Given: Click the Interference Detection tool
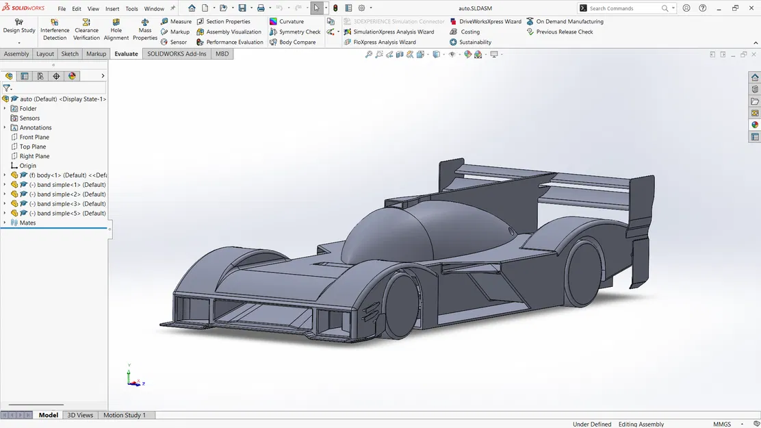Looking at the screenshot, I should coord(55,29).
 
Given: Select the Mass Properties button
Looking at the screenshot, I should coord(145,29).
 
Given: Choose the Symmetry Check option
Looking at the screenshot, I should coord(295,32).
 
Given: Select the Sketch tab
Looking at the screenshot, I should coord(70,54).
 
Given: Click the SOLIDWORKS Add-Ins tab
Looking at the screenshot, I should coord(177,54).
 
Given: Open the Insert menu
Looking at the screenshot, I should coord(112,9).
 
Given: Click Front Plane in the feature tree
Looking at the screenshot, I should coord(34,138).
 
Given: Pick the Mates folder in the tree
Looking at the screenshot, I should coord(27,223).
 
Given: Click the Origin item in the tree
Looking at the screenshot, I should coord(27,166).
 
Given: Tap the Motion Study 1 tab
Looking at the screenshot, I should coord(125,416).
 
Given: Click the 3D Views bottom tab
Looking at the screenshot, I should coord(80,416).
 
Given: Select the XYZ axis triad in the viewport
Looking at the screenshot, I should coord(133,378).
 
